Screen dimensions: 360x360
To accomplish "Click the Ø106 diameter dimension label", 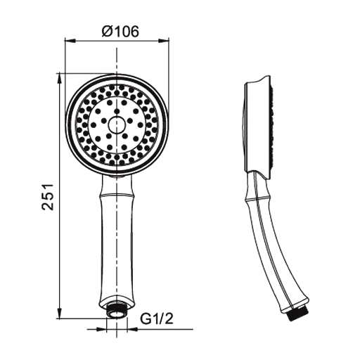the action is (120, 32).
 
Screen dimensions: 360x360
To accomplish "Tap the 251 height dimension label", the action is (48, 197).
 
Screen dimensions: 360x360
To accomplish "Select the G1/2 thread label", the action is (157, 319).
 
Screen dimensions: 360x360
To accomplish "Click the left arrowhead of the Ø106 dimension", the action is (70, 41).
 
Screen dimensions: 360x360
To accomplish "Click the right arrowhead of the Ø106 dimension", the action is (164, 41).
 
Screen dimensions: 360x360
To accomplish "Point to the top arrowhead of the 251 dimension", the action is (60, 79).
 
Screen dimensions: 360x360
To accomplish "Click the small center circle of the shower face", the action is (117, 124).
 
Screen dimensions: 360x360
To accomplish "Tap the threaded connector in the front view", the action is (117, 311).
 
